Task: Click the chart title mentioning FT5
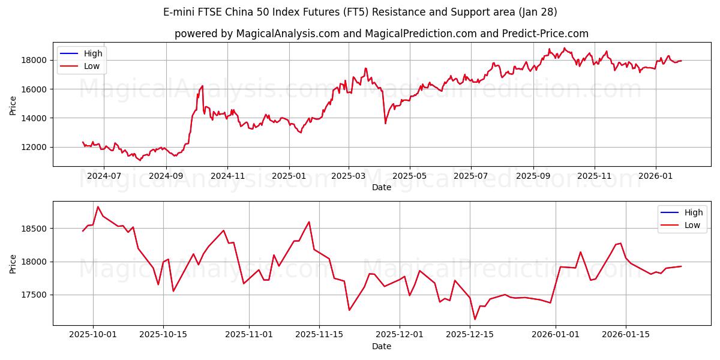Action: [360, 12]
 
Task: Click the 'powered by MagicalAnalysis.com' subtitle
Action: [382, 34]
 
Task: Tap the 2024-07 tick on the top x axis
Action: [104, 176]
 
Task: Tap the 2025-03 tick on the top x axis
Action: [349, 176]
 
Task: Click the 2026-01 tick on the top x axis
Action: [655, 176]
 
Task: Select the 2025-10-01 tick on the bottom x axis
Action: [93, 335]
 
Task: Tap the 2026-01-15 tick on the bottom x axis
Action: [626, 335]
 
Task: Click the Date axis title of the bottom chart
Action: [382, 346]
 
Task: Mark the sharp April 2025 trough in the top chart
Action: [385, 123]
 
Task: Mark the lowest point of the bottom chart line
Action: [475, 319]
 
